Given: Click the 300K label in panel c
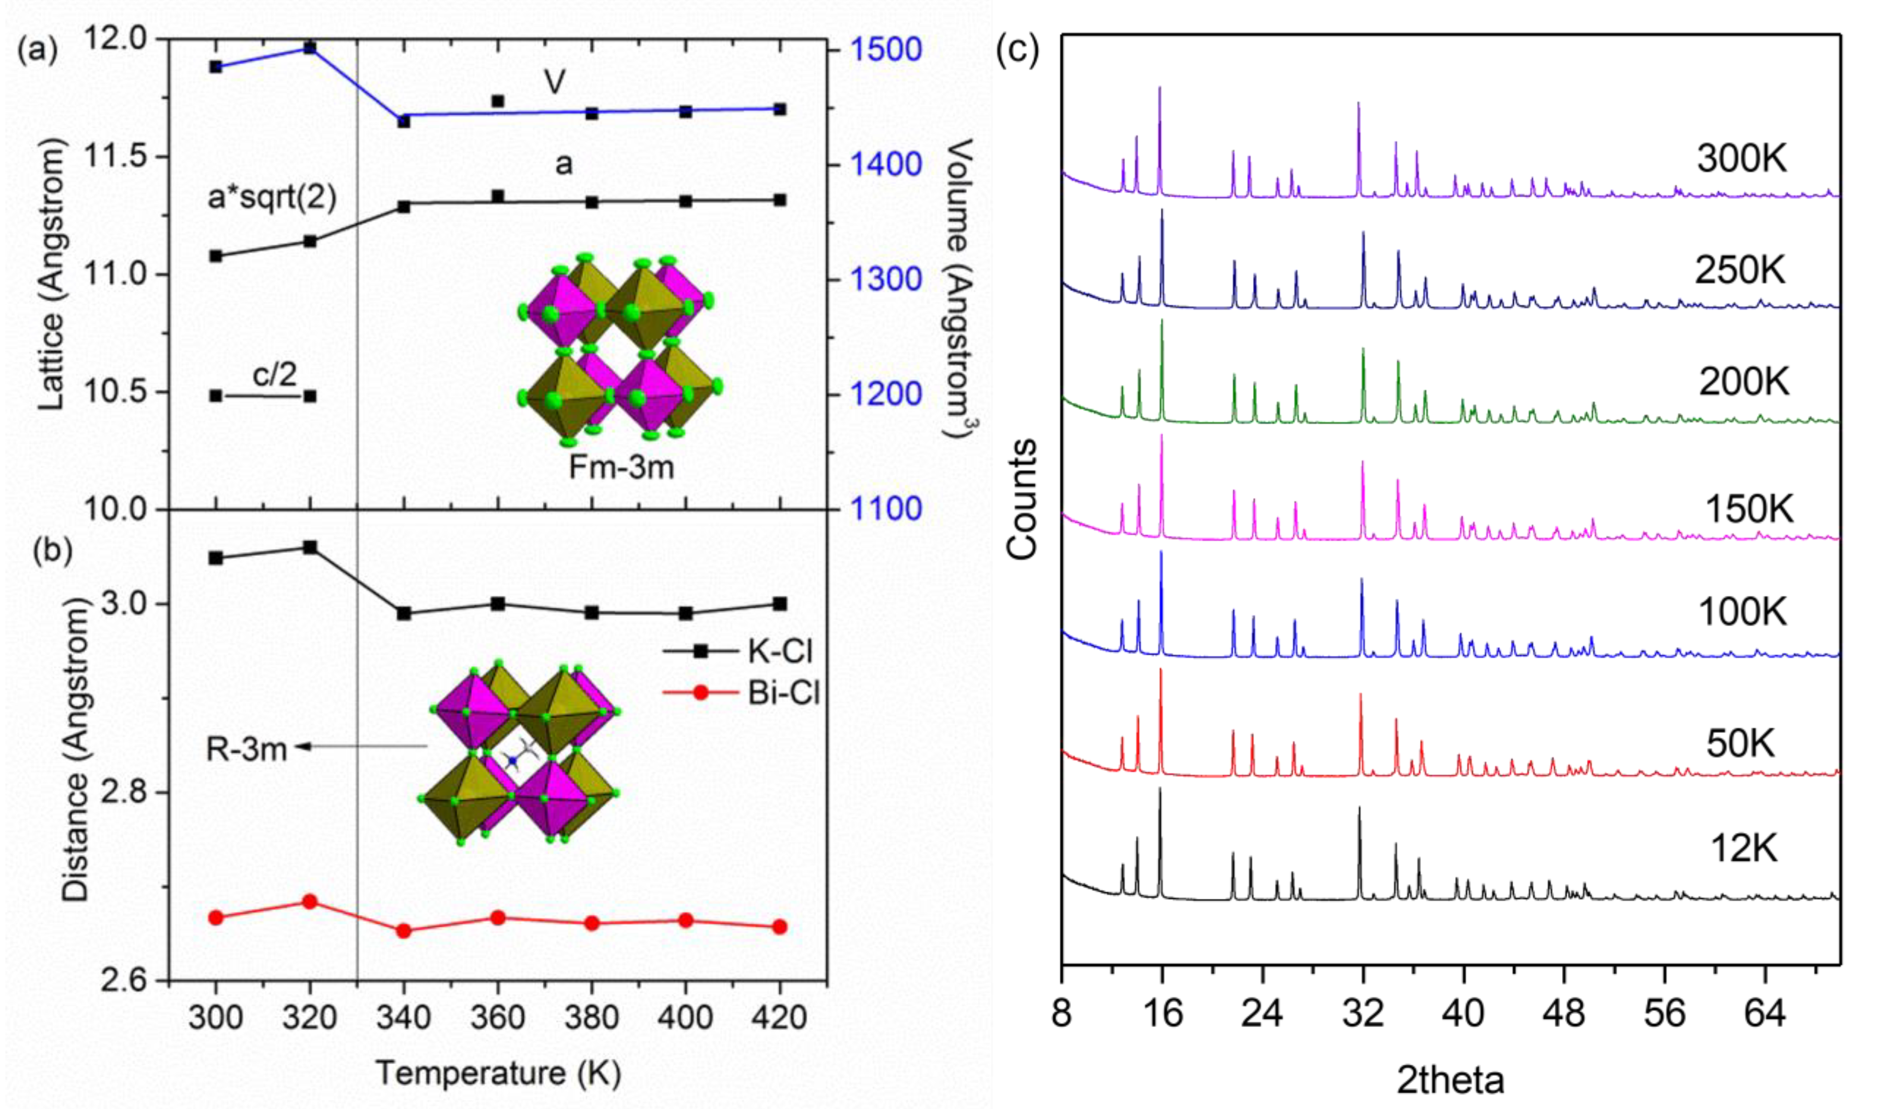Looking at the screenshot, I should (x=1741, y=159).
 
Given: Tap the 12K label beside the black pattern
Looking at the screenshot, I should (x=1743, y=849).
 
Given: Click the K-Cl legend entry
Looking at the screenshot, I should (x=780, y=651).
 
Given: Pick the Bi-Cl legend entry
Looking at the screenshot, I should (x=783, y=693).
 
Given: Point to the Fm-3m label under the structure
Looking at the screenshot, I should (x=621, y=468).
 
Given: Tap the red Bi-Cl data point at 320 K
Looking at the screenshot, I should (x=309, y=902).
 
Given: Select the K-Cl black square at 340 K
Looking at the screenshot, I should (x=403, y=614).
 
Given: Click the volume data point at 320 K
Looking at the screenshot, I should (x=309, y=48).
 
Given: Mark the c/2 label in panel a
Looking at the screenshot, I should (x=274, y=374).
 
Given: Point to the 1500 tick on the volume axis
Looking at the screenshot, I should (x=885, y=50).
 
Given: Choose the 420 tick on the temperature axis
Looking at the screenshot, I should (x=779, y=1018).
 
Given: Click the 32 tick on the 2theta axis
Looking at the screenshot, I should (x=1363, y=1013).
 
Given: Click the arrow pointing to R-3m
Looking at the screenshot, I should (x=361, y=747).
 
